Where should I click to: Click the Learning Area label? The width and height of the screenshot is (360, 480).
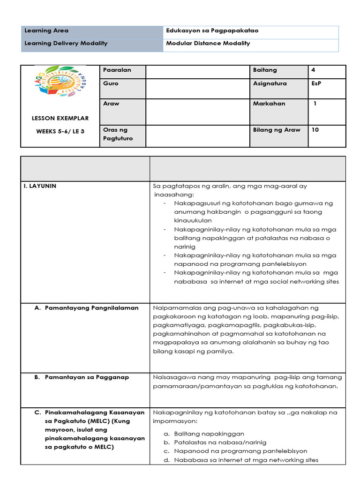(x=46, y=31)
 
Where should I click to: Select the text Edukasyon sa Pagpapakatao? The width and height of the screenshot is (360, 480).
(x=212, y=31)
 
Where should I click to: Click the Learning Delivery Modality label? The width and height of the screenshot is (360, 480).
(x=66, y=44)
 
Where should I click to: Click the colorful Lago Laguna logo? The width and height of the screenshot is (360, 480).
(x=60, y=86)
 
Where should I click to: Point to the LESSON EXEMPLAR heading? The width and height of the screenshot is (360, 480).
(x=60, y=118)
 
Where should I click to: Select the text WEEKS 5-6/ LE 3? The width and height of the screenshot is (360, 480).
(x=60, y=131)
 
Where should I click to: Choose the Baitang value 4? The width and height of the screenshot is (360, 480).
(x=313, y=70)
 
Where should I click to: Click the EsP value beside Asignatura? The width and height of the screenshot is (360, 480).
(x=316, y=83)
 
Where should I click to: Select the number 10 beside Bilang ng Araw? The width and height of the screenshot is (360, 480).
(x=315, y=130)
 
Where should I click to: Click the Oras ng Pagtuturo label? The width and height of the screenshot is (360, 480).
(x=117, y=134)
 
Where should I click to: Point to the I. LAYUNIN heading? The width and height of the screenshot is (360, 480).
(x=40, y=186)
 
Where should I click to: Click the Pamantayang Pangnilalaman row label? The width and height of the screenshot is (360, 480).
(x=91, y=308)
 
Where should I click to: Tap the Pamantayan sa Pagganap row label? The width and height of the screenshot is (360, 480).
(x=87, y=377)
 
